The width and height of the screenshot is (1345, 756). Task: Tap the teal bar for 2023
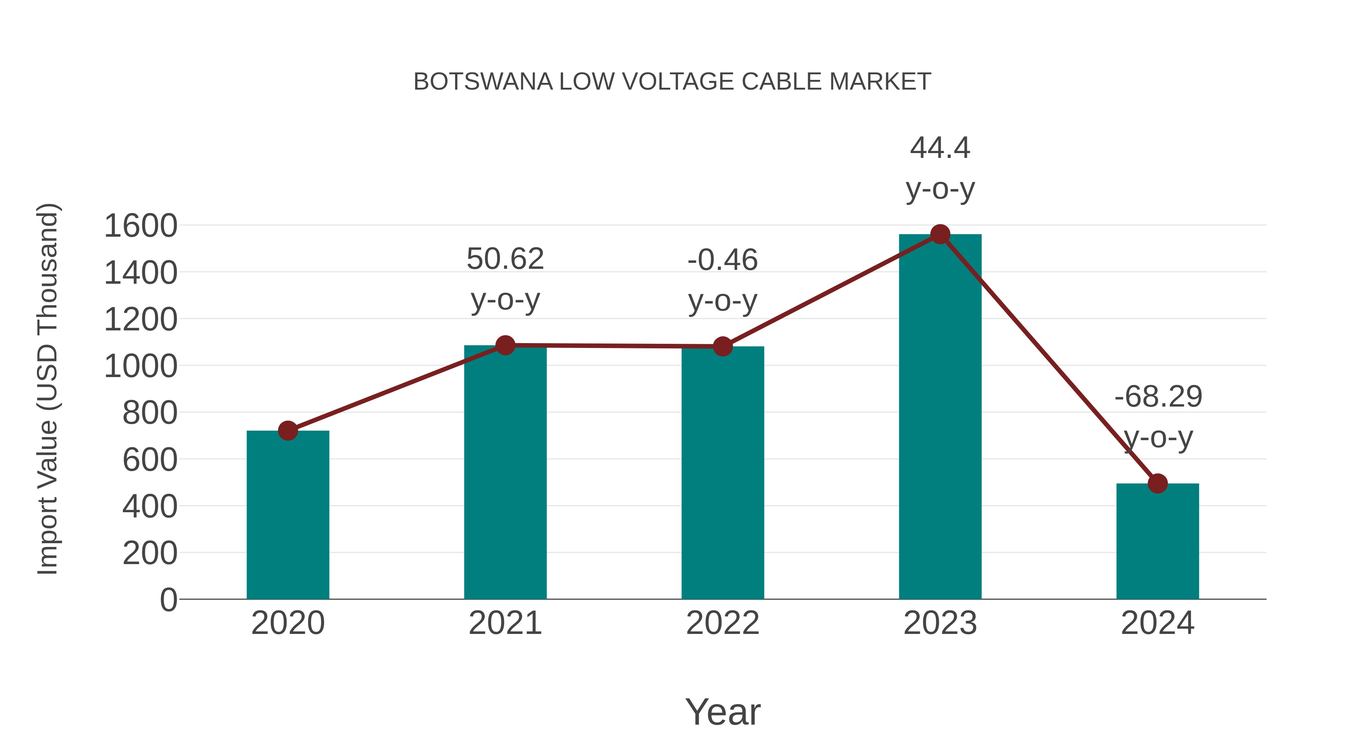(940, 417)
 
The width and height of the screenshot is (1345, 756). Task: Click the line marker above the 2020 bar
(288, 431)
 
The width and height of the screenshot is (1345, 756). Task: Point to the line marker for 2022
(723, 346)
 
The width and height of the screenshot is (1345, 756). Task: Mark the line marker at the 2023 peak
(940, 235)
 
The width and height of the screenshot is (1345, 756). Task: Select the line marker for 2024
(1157, 483)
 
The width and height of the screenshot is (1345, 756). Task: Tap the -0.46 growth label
(723, 260)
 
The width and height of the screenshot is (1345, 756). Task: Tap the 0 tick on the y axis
(168, 600)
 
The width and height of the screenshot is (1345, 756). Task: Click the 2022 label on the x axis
(723, 623)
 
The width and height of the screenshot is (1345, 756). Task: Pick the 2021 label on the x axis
(505, 623)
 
